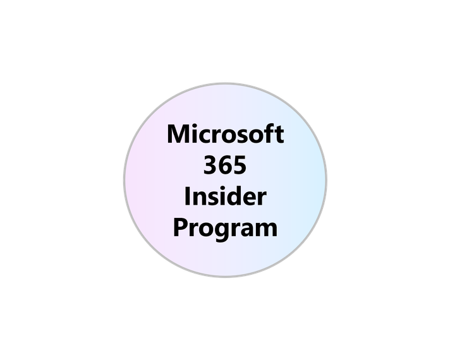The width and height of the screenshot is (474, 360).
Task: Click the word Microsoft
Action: click(225, 135)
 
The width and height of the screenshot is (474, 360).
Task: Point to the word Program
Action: click(225, 228)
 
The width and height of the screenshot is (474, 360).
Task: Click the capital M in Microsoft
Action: click(178, 135)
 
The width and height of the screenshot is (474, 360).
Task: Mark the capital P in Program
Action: click(179, 227)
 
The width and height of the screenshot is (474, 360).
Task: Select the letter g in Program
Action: click(221, 230)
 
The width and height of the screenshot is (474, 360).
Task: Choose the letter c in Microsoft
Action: click(204, 136)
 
